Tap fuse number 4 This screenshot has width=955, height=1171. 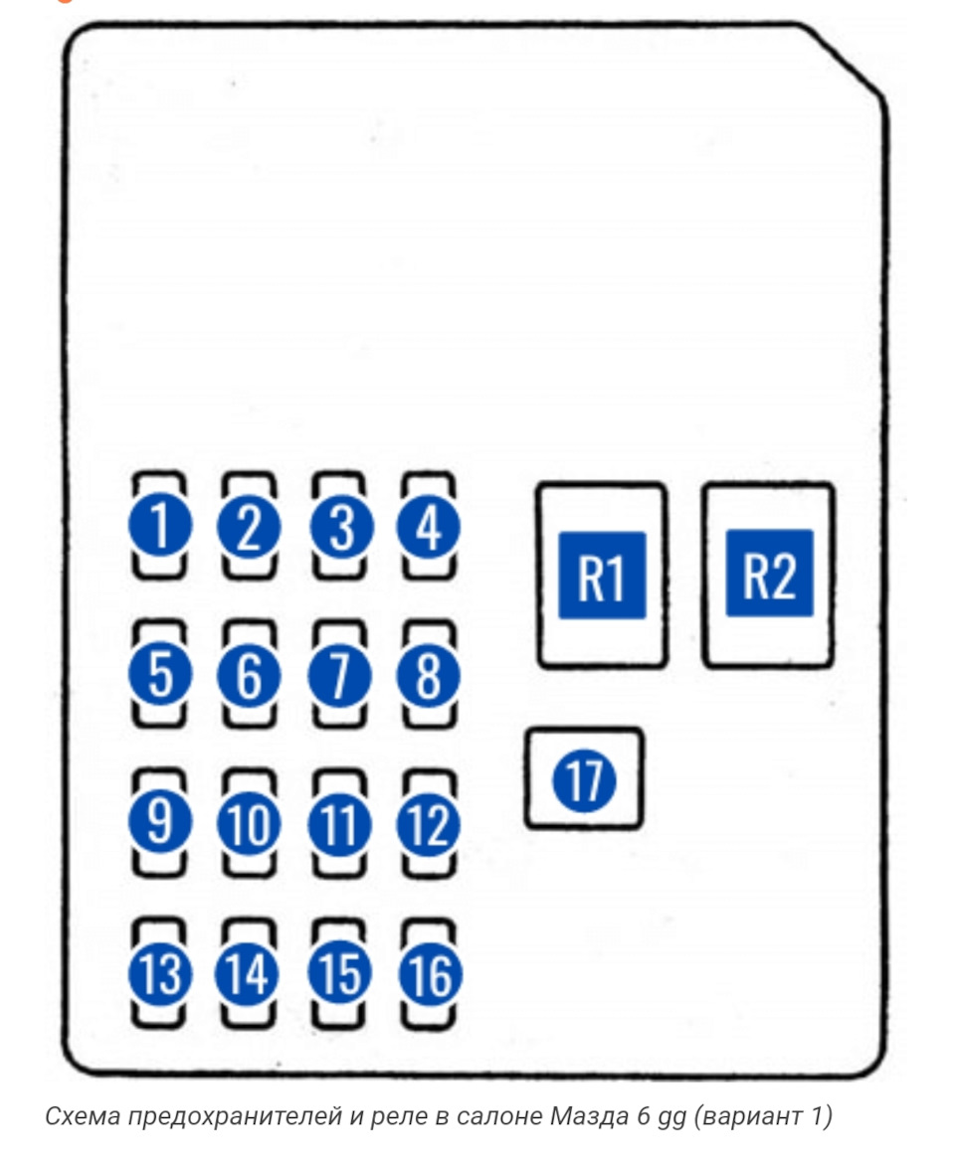coord(430,526)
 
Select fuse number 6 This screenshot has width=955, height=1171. coord(249,675)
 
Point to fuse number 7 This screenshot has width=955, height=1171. coord(339,675)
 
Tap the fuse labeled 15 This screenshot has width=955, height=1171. coord(339,973)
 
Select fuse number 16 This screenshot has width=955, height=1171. coord(430,973)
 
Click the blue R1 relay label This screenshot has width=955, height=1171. coord(602,576)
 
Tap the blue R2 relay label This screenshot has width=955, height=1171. coord(769,574)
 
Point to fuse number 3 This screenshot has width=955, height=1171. coord(339,526)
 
